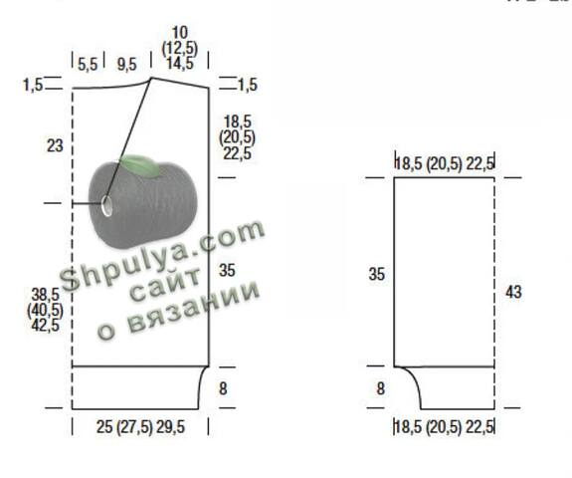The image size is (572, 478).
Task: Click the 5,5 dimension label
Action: (x=88, y=65)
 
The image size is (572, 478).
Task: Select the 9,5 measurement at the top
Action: (x=126, y=65)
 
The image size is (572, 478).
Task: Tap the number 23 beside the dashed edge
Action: (x=55, y=145)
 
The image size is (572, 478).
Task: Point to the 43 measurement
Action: (x=513, y=292)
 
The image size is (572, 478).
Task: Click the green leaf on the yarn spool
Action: (x=140, y=166)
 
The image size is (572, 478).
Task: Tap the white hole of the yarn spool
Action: (x=106, y=205)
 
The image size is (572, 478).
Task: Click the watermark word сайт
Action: (x=165, y=284)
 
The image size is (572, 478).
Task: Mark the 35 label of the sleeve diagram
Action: (x=376, y=274)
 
